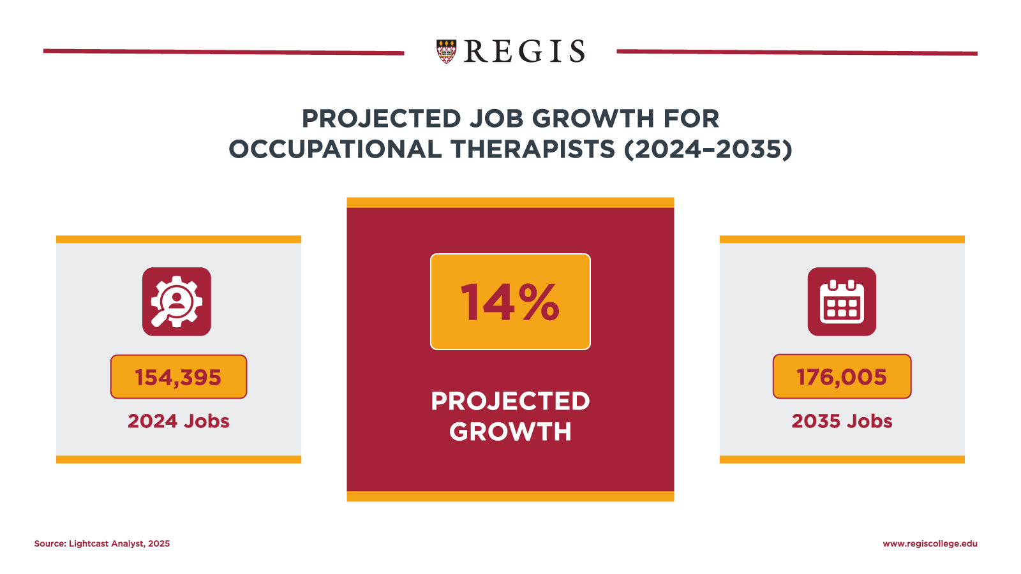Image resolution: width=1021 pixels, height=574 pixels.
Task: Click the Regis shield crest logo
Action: (447, 51)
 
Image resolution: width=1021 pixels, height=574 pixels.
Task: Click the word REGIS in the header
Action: (524, 52)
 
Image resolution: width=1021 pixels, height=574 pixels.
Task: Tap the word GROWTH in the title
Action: (593, 119)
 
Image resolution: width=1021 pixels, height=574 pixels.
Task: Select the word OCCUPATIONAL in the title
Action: (335, 149)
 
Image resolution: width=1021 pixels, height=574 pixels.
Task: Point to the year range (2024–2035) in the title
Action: (708, 149)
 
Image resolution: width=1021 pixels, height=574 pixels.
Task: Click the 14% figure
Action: (510, 302)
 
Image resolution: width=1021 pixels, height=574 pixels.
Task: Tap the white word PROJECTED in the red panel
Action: (510, 401)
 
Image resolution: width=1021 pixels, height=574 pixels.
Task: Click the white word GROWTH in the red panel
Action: (510, 432)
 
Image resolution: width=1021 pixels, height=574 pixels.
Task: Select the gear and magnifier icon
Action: (177, 302)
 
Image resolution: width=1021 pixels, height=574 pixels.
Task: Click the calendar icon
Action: (842, 302)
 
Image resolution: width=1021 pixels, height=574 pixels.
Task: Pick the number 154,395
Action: (178, 377)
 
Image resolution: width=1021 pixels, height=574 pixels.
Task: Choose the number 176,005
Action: (842, 377)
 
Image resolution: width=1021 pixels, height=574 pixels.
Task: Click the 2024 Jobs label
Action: (178, 421)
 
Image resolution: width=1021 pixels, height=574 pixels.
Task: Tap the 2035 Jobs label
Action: (842, 421)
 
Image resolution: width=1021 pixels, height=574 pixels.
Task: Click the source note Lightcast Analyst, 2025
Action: (102, 544)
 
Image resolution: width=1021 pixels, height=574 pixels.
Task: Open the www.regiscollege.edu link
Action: (930, 544)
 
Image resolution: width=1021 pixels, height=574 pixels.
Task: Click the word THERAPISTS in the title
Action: (533, 149)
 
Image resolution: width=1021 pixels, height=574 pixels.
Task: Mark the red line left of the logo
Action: (223, 52)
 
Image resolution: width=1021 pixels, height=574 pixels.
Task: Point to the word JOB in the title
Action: (496, 119)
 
